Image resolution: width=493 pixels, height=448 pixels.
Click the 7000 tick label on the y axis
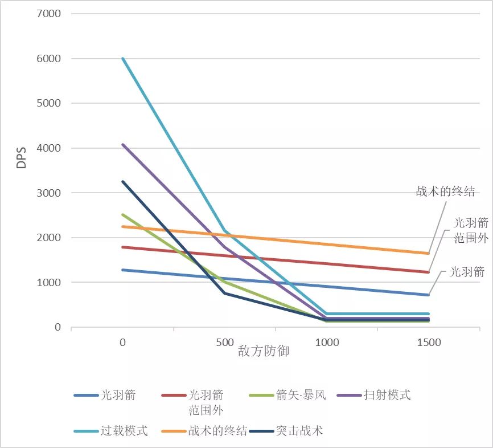tap(49, 13)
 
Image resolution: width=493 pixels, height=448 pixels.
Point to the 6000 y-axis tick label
tap(49, 58)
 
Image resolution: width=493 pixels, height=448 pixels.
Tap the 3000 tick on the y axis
tap(49, 193)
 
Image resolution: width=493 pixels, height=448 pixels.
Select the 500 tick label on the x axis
tap(225, 343)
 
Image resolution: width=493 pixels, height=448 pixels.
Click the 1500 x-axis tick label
tap(429, 343)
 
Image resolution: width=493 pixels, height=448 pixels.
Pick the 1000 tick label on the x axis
tap(327, 343)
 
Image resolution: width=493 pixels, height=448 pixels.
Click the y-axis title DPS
tap(22, 156)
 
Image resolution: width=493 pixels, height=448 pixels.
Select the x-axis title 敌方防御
tap(264, 351)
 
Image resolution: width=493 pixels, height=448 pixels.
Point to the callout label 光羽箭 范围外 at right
tap(471, 230)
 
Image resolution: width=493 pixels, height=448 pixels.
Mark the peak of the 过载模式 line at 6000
tap(122, 58)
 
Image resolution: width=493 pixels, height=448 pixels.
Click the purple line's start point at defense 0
tap(122, 144)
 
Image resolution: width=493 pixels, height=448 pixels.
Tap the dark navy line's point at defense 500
tap(225, 293)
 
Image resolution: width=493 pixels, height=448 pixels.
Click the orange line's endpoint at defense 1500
tap(429, 253)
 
